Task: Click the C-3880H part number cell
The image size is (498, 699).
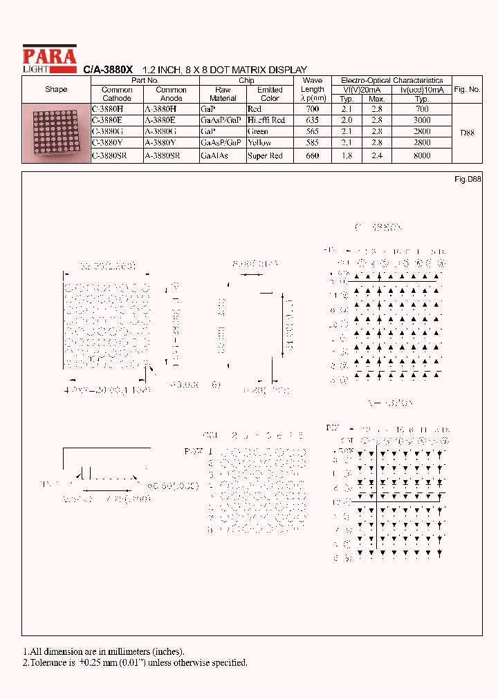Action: click(107, 108)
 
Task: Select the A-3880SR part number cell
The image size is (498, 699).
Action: click(162, 156)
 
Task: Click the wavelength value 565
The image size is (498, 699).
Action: click(312, 131)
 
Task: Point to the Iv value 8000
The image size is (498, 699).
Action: click(422, 156)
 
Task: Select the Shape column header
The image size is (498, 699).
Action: click(56, 90)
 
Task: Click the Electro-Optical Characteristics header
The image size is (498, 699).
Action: click(391, 81)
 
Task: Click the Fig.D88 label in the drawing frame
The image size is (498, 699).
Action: click(468, 179)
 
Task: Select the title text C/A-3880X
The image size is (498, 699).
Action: click(108, 70)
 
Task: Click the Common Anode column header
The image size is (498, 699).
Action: click(171, 94)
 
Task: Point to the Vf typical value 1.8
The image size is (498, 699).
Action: click(347, 156)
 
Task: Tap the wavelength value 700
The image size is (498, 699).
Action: click(312, 108)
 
